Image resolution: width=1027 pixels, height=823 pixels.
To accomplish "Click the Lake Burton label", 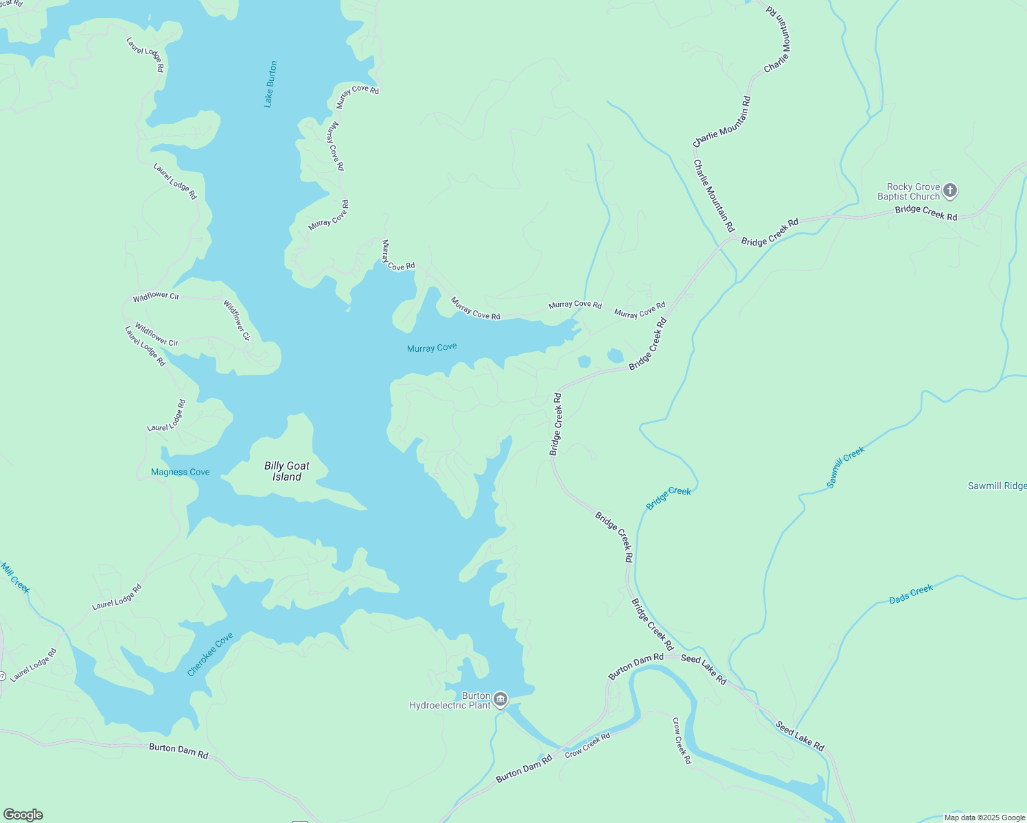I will point(270,84).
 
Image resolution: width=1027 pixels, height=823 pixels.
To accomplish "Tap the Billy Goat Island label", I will point(287,471).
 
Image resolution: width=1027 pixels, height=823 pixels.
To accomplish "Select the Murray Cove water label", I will point(432,348).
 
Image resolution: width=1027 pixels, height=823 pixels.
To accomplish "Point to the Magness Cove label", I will point(181,472).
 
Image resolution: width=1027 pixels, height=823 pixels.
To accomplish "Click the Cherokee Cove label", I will point(210,654).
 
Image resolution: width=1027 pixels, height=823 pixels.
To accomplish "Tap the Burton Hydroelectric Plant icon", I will point(500,699).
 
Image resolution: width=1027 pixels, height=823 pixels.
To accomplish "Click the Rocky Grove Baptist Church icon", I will point(950,191).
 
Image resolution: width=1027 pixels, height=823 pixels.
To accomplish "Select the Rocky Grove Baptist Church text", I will point(908,191).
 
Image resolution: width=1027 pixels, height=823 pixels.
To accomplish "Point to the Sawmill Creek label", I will point(845,467).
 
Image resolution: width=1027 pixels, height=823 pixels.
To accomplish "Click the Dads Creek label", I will point(911,594).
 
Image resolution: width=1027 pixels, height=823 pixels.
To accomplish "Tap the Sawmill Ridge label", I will point(997,486).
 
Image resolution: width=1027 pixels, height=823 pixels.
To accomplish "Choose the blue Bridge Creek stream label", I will point(669,499).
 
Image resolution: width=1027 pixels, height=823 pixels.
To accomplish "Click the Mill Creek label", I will point(15,577).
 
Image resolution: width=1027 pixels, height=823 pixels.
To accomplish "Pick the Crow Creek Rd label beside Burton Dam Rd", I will point(588,746).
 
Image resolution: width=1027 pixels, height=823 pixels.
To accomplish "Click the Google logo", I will point(23,815).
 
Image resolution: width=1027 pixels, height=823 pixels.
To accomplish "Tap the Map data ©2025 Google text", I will point(984,818).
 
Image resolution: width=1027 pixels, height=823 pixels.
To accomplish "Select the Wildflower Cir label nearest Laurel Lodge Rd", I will point(157,334).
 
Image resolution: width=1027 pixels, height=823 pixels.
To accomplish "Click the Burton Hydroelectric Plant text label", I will point(450,700).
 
